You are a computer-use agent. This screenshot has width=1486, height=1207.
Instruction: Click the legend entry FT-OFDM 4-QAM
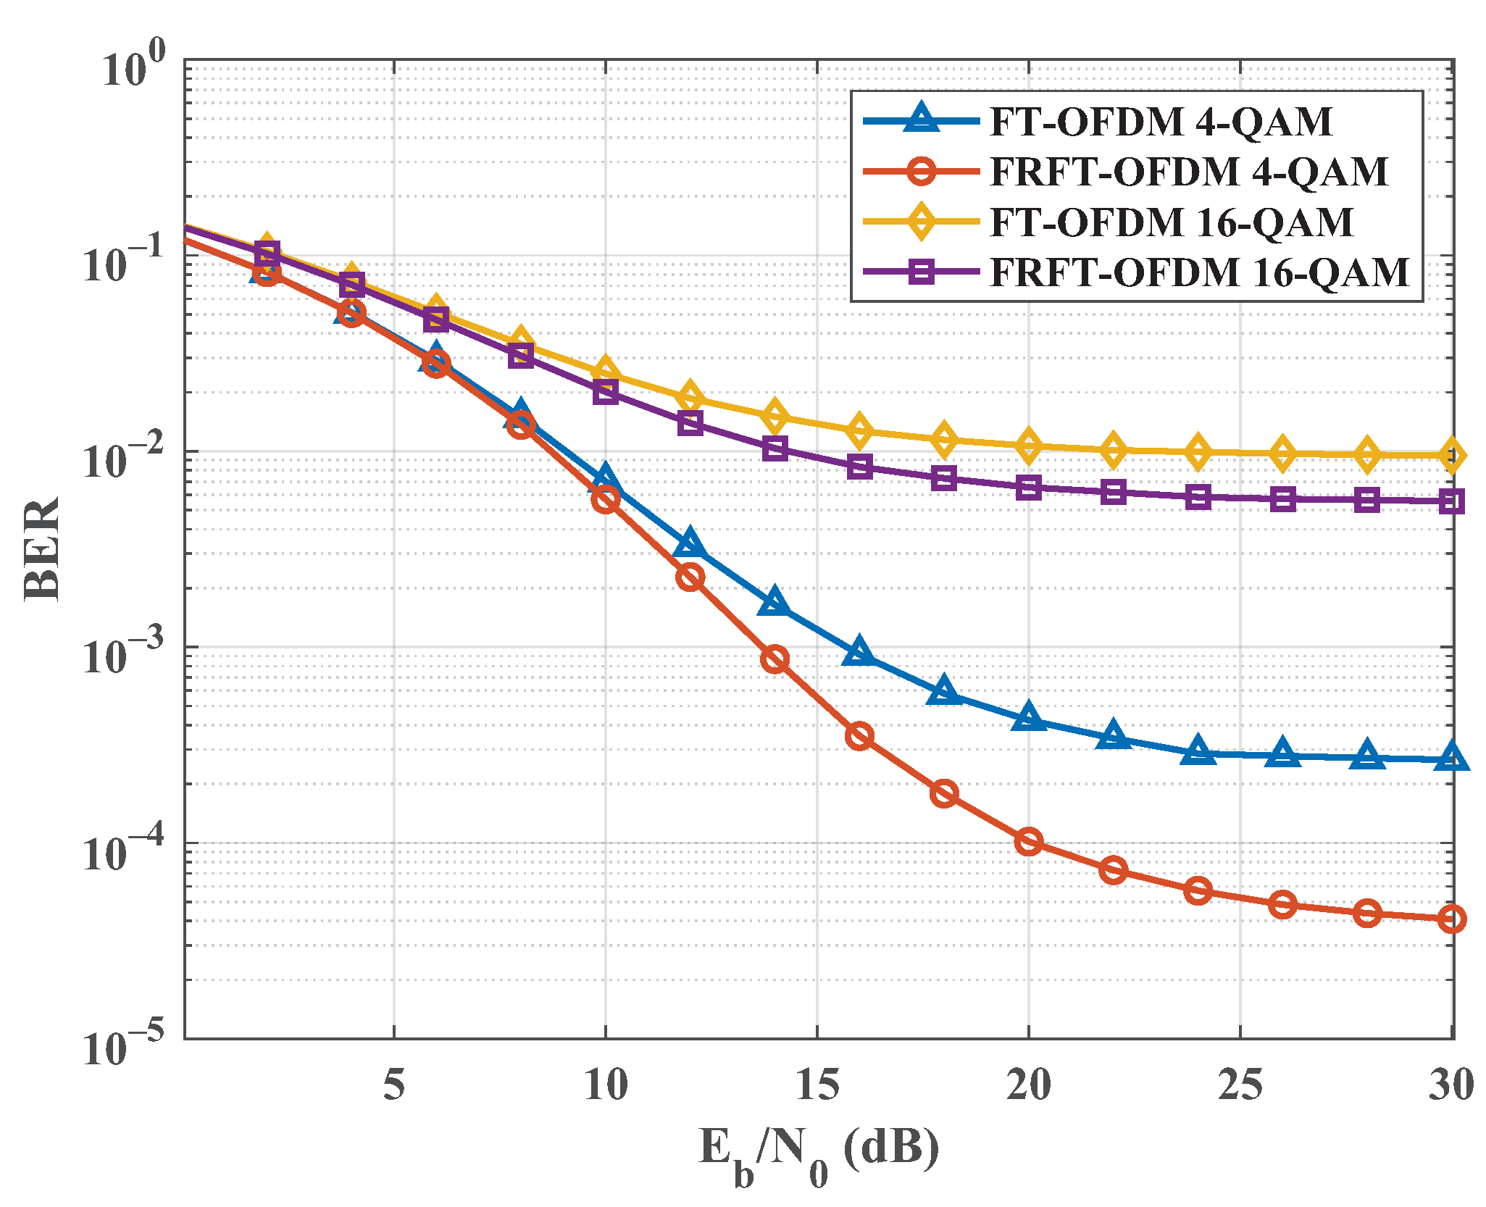click(x=1159, y=121)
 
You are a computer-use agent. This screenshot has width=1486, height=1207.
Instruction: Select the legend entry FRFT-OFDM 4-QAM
click(x=1188, y=172)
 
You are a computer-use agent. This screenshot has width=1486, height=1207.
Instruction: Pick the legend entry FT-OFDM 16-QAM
click(x=1170, y=222)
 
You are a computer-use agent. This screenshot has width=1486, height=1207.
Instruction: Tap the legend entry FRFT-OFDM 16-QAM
click(x=1199, y=272)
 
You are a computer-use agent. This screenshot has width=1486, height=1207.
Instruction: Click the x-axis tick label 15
click(x=817, y=1085)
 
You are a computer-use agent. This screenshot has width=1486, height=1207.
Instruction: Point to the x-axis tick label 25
click(x=1240, y=1085)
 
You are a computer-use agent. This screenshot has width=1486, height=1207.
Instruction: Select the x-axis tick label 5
click(x=393, y=1085)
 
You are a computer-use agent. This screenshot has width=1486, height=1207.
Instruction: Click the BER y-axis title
click(x=41, y=548)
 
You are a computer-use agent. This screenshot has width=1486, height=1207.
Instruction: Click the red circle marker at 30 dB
click(x=1451, y=919)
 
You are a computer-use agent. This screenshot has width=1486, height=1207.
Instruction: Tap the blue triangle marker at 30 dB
click(x=1451, y=758)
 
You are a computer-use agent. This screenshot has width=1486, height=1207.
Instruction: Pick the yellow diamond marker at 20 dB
click(x=1028, y=445)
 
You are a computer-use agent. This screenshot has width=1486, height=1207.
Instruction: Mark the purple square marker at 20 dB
click(x=1028, y=488)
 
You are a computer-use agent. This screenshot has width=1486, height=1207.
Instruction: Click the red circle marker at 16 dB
click(x=859, y=737)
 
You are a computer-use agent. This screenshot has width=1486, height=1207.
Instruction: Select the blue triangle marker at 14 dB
click(x=775, y=602)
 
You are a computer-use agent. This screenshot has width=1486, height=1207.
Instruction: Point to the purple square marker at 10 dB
click(x=606, y=392)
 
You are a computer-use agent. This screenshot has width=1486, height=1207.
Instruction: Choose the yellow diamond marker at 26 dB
click(x=1282, y=454)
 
